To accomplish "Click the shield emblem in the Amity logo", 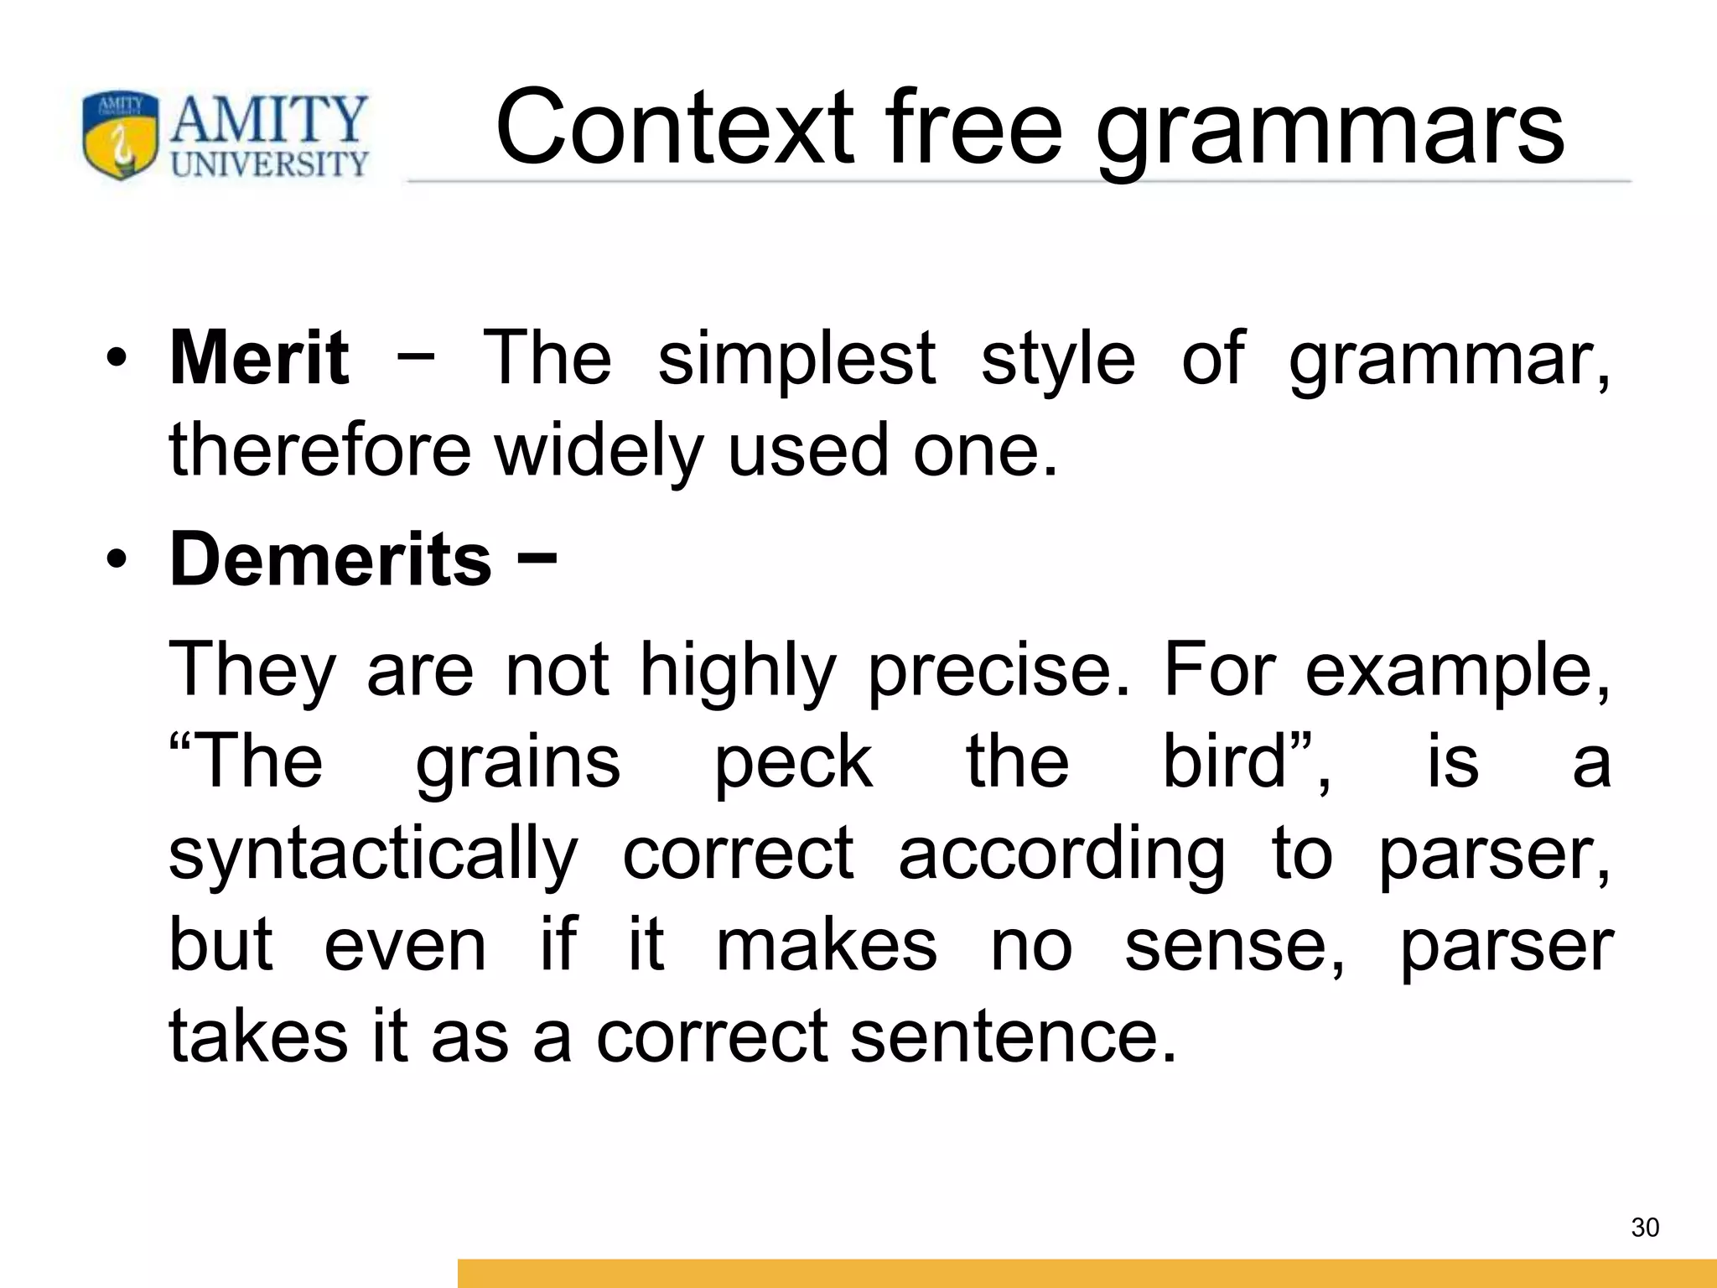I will [121, 135].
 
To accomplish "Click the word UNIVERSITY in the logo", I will [270, 164].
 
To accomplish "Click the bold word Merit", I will [259, 358].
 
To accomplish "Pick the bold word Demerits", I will [330, 559].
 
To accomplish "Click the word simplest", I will [796, 359].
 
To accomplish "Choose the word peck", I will [793, 763].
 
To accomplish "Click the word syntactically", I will [374, 854].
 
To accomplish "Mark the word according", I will [1061, 854].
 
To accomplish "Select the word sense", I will [1233, 946].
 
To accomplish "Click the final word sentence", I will [1013, 1036].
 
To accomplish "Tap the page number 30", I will [1645, 1228].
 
